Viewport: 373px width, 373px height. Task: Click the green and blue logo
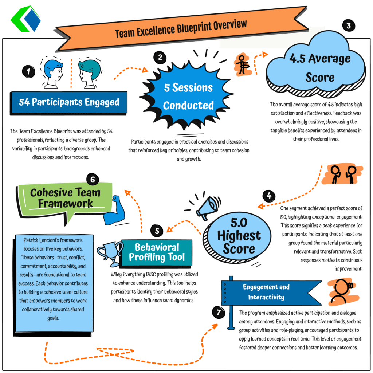(x=26, y=19)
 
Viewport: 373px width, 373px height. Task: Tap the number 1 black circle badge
(x=28, y=71)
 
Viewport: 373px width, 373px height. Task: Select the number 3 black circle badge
(x=349, y=26)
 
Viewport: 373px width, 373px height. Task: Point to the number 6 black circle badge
(x=93, y=179)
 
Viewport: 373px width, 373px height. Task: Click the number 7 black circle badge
(x=219, y=312)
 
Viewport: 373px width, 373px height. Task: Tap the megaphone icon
(x=206, y=207)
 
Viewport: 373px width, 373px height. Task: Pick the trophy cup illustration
(x=110, y=254)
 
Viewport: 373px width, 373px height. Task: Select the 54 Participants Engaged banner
(x=68, y=103)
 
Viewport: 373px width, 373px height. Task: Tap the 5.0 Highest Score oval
(x=238, y=237)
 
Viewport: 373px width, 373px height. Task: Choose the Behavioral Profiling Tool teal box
(x=157, y=253)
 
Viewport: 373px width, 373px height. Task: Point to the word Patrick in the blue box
(x=31, y=240)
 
